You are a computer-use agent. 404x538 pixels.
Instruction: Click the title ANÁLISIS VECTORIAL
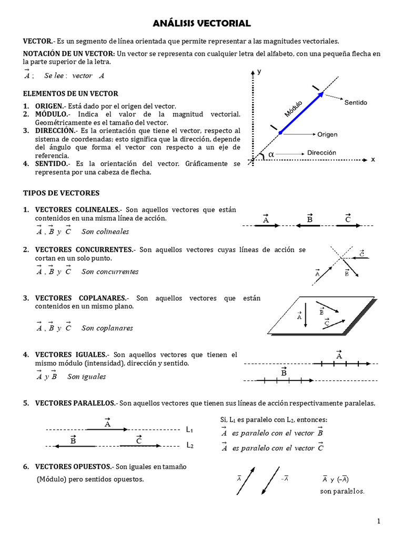point(202,23)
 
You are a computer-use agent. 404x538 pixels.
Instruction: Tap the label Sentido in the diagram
point(356,102)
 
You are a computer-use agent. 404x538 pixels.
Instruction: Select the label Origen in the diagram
point(327,134)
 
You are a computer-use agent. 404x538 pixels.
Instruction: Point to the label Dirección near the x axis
point(321,152)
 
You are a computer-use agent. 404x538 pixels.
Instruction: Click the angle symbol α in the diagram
point(271,154)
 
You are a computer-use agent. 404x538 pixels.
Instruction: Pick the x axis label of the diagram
point(373,159)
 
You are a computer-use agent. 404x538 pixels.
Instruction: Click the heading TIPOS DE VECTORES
point(61,193)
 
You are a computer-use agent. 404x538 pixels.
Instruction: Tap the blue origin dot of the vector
point(280,133)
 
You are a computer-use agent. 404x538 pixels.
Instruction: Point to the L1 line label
point(189,429)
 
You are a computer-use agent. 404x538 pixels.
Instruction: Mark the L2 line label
point(189,446)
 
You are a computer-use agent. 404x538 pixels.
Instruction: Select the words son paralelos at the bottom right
point(342,491)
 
